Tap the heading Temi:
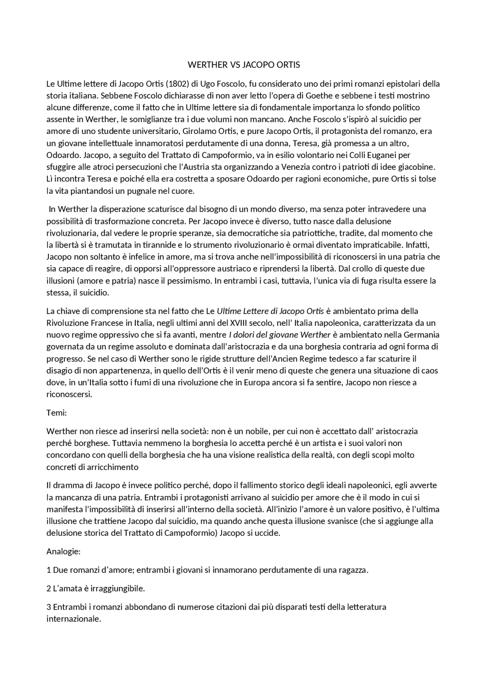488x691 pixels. click(x=57, y=413)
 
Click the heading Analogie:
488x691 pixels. click(x=63, y=552)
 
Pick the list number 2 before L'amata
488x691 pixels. click(x=49, y=589)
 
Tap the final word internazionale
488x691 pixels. click(x=74, y=619)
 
